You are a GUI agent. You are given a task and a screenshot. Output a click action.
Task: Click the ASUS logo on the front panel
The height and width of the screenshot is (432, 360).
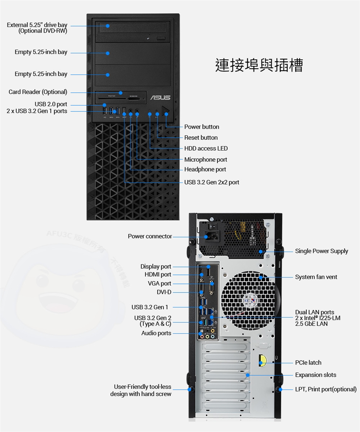coord(160,98)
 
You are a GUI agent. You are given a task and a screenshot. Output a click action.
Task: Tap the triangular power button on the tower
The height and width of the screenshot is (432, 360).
coord(167,111)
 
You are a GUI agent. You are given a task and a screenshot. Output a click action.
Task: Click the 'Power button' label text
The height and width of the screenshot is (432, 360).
coord(201,127)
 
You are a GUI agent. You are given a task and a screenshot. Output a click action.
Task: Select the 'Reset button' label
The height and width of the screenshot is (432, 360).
coord(201,138)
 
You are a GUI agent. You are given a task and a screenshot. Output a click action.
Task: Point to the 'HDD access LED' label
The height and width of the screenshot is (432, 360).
coord(206,148)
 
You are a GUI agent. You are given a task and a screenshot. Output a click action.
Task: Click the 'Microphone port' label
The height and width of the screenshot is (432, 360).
coord(205,160)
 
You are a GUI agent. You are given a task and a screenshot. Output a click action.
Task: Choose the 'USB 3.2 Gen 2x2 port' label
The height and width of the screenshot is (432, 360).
coord(211,182)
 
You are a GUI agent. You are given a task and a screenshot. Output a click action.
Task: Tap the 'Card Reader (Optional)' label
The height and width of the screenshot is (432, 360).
coord(38,92)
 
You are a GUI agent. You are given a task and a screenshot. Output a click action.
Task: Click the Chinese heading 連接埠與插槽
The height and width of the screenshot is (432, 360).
coord(259,65)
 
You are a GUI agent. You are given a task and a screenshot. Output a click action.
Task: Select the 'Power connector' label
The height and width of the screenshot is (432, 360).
coord(150,236)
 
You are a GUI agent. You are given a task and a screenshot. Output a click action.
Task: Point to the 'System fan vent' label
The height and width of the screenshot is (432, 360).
coord(316,277)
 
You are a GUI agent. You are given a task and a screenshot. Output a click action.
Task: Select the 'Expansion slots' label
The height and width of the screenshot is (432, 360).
coord(315,375)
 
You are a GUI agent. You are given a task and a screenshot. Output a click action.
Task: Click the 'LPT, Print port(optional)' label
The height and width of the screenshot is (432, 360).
coord(325,389)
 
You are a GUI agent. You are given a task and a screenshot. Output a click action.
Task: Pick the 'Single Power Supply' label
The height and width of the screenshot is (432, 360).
coord(321,251)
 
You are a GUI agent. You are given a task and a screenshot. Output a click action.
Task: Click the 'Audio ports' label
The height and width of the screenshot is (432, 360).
coord(156,333)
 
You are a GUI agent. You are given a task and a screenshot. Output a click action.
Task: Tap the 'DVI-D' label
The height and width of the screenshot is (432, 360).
coord(164,292)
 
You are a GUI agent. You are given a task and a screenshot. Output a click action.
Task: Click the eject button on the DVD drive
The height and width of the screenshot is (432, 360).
coord(161,38)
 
